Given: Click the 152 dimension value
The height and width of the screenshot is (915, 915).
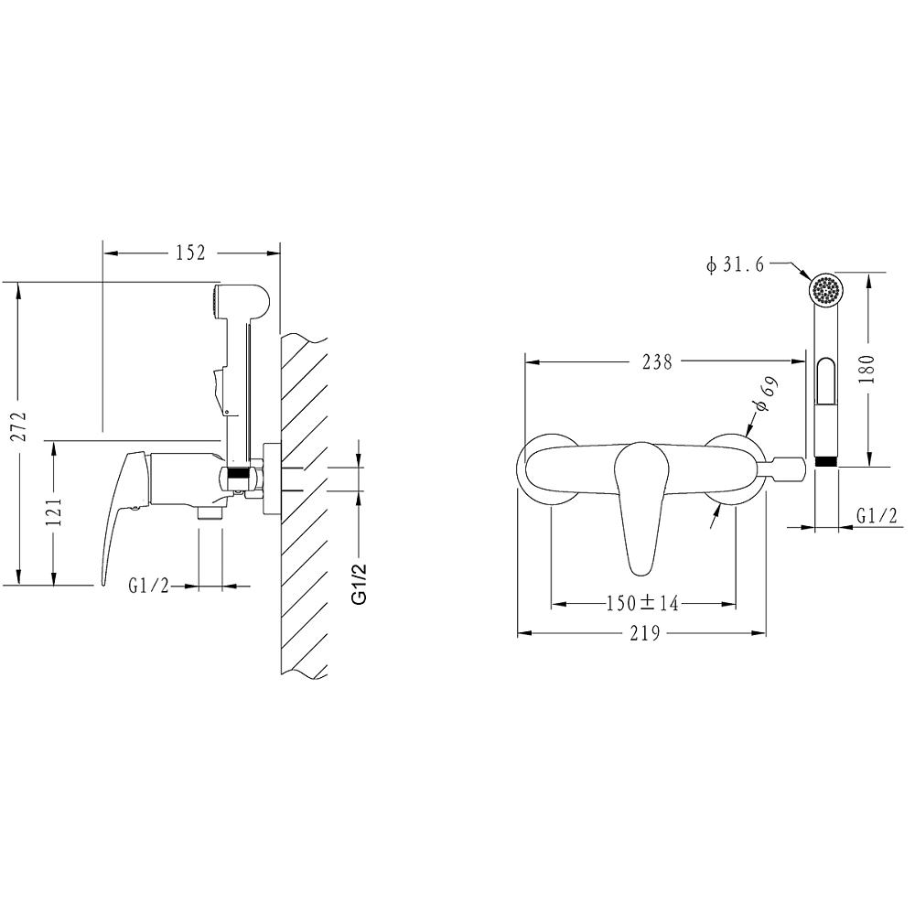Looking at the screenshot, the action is pyautogui.click(x=191, y=253).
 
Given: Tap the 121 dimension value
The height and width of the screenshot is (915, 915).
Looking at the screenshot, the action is pyautogui.click(x=53, y=512).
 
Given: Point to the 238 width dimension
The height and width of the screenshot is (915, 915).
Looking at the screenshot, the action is pyautogui.click(x=658, y=361).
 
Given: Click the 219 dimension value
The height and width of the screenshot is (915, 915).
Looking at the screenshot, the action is pyautogui.click(x=645, y=632).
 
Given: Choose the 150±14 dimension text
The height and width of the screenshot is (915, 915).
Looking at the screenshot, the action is pyautogui.click(x=642, y=603).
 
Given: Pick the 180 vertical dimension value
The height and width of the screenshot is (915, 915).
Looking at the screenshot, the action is pyautogui.click(x=867, y=369).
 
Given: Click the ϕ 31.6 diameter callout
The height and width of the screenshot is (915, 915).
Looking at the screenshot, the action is pyautogui.click(x=735, y=265).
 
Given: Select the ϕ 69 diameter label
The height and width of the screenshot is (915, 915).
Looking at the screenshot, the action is pyautogui.click(x=765, y=394).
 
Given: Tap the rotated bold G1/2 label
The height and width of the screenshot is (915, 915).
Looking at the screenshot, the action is pyautogui.click(x=360, y=584).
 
